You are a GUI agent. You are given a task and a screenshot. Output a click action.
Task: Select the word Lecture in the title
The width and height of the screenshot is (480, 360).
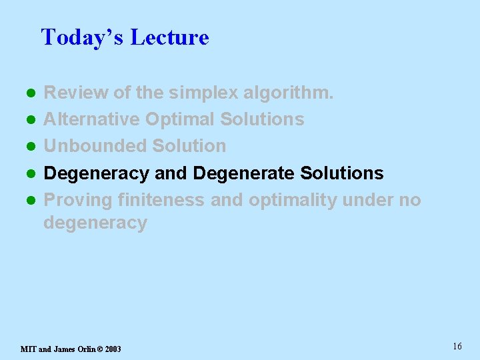(169, 37)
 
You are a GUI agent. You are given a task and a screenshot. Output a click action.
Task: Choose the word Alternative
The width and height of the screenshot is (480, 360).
(91, 119)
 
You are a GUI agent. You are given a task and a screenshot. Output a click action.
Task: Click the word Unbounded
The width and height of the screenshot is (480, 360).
(95, 146)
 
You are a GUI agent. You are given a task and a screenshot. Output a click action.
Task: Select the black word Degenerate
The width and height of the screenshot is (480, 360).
(243, 173)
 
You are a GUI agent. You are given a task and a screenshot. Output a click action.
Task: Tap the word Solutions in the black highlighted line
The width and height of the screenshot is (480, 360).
(341, 173)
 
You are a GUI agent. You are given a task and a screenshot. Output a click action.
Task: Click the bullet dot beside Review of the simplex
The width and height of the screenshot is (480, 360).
(30, 93)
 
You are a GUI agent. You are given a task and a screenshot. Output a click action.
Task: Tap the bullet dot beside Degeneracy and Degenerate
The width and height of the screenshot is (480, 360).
(30, 174)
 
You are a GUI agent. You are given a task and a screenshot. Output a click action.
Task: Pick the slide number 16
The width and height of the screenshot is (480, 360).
(457, 346)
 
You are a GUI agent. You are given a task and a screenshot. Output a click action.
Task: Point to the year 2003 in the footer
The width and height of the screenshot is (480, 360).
(112, 349)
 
